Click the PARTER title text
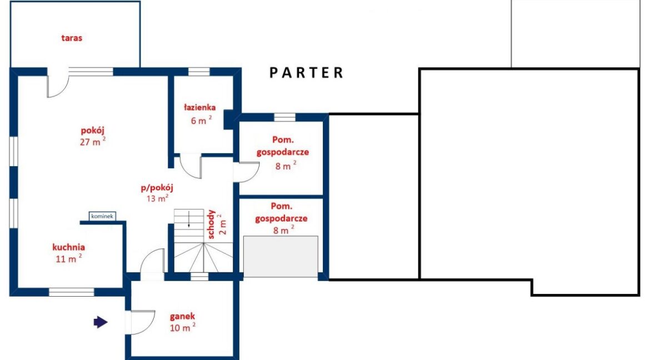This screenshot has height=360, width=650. pyautogui.click(x=306, y=73)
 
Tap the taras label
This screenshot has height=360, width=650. pyautogui.click(x=72, y=38)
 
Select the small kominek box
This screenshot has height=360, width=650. pyautogui.click(x=102, y=216)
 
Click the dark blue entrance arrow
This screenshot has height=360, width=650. pyautogui.click(x=101, y=322)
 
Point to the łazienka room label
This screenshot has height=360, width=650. pyautogui.click(x=200, y=107)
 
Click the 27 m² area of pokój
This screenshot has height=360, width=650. pyautogui.click(x=92, y=142)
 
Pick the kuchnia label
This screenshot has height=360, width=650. pyautogui.click(x=69, y=247)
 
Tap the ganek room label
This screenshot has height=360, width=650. pyautogui.click(x=182, y=317)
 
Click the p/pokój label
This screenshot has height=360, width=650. pyautogui.click(x=157, y=188)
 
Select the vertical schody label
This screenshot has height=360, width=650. pyautogui.click(x=212, y=224)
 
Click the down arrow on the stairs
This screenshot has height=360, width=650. pyautogui.click(x=189, y=219)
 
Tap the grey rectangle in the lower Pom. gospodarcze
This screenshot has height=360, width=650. pyautogui.click(x=281, y=257)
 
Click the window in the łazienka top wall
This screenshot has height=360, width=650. pyautogui.click(x=199, y=71)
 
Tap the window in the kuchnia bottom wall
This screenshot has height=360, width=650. pyautogui.click(x=72, y=292)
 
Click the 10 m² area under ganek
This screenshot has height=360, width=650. pyautogui.click(x=182, y=328)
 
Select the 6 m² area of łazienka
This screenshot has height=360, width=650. pyautogui.click(x=201, y=120)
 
